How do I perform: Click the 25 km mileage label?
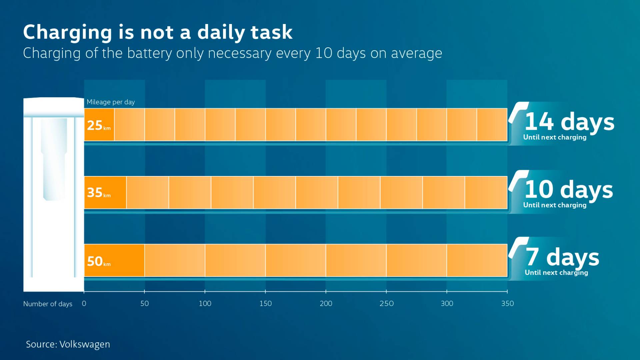pyautogui.click(x=98, y=125)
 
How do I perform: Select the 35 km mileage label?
pyautogui.click(x=98, y=193)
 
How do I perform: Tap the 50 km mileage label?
pyautogui.click(x=98, y=261)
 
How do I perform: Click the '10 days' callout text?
pyautogui.click(x=569, y=189)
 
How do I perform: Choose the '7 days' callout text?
pyautogui.click(x=562, y=257)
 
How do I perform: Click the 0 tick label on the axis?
pyautogui.click(x=84, y=303)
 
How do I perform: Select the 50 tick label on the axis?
pyautogui.click(x=144, y=303)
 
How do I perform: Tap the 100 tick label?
pyautogui.click(x=205, y=303)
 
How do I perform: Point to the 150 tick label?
pyautogui.click(x=265, y=303)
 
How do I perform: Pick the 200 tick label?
pyautogui.click(x=326, y=303)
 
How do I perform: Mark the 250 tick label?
pyautogui.click(x=386, y=303)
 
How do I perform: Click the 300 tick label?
pyautogui.click(x=447, y=303)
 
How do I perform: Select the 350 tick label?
pyautogui.click(x=507, y=303)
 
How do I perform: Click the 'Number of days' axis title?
pyautogui.click(x=48, y=304)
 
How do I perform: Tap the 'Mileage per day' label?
pyautogui.click(x=111, y=102)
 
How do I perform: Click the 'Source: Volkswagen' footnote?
pyautogui.click(x=68, y=344)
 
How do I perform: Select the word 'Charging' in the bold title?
pyautogui.click(x=68, y=33)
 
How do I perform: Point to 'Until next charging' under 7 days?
pyautogui.click(x=556, y=273)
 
